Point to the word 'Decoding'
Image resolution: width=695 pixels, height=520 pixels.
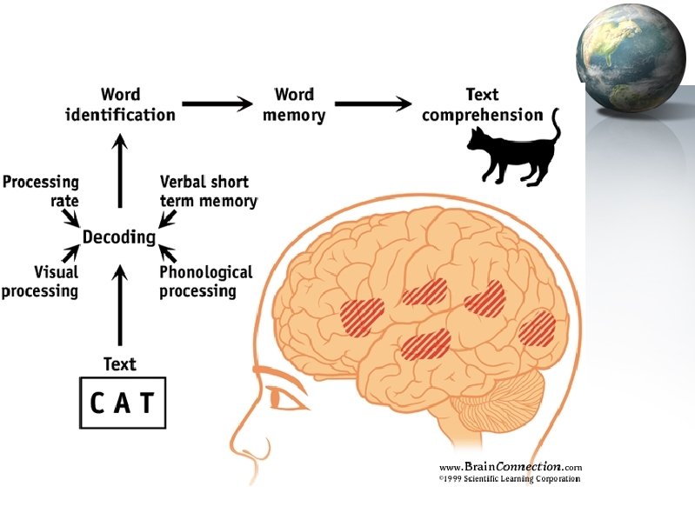[119, 237]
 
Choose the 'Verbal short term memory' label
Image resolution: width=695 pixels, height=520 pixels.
[209, 191]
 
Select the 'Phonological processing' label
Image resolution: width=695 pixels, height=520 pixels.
[206, 281]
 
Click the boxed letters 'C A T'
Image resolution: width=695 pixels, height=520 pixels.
[123, 403]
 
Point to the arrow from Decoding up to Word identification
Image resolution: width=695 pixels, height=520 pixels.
[120, 175]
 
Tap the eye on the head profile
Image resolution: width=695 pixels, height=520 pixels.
[284, 399]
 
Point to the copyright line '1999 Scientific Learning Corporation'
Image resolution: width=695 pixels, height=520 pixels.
[509, 478]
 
